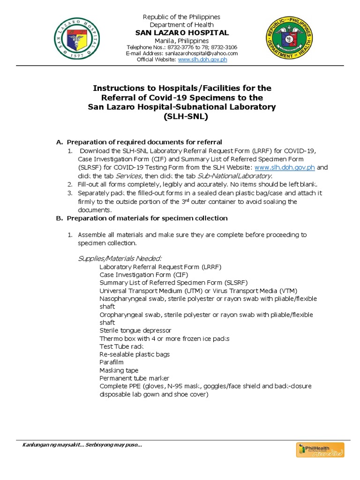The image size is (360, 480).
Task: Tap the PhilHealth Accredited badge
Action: click(x=320, y=450)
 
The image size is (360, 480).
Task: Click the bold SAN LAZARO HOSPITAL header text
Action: click(x=182, y=33)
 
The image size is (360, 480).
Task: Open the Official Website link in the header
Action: click(x=202, y=60)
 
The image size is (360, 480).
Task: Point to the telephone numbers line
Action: click(x=182, y=47)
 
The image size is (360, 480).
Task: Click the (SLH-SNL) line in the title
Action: click(x=182, y=116)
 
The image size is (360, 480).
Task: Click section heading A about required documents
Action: click(x=144, y=142)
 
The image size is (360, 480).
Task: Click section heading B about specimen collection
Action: click(x=147, y=218)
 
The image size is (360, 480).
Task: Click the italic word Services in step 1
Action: click(x=128, y=176)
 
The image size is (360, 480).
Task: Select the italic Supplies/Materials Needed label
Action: click(x=120, y=258)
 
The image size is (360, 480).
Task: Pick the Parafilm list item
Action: click(x=111, y=362)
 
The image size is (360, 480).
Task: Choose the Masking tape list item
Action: click(x=119, y=370)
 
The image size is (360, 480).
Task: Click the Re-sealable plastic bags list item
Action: click(x=135, y=354)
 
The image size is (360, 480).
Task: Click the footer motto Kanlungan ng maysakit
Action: click(x=82, y=445)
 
